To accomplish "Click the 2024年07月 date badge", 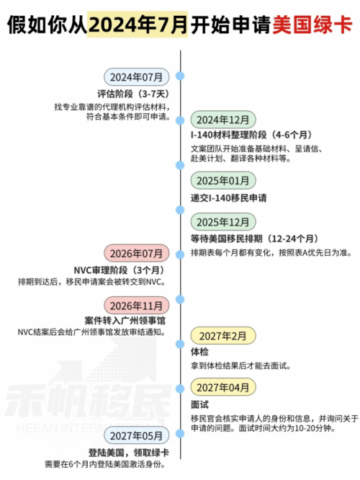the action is pos(136,77).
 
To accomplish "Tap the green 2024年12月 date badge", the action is pos(223,120).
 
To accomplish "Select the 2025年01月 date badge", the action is pos(223,181).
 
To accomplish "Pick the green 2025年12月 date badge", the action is pos(223,222).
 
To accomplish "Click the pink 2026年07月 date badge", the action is pos(136,254).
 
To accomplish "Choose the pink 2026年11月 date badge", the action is pos(136,306).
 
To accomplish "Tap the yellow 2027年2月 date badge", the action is pos(223,336).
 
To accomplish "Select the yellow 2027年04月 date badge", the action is pos(223,387).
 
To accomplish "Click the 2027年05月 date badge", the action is pos(136,435).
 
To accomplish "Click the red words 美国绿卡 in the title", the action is pos(312,25).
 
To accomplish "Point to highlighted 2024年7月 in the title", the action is pos(138,25).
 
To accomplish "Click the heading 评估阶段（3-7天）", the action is pos(133,94).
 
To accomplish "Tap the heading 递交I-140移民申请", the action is pos(229,197).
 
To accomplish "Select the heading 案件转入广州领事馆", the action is pos(125,321).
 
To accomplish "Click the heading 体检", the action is pos(199,352).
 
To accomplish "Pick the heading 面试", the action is pos(199,404).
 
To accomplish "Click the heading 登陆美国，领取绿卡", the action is pos(129,453).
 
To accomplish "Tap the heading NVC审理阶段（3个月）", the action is pos(120,270).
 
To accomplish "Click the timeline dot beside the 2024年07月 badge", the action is pos(180,76).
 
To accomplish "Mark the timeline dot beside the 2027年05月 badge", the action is pos(180,433).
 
